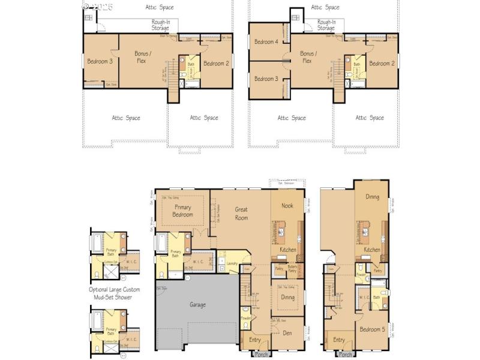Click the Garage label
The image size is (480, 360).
click(x=197, y=305)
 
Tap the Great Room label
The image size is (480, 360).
click(x=241, y=214)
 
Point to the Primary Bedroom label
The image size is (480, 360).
click(x=183, y=211)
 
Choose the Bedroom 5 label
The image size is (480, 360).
click(x=371, y=329)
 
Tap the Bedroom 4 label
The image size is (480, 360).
click(x=266, y=42)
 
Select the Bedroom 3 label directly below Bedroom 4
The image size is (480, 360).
click(x=266, y=79)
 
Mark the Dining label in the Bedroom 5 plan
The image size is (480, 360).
click(x=372, y=197)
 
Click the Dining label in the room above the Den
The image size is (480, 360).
click(x=288, y=297)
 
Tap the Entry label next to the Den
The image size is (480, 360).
click(x=255, y=340)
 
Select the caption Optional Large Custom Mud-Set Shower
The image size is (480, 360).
click(x=114, y=293)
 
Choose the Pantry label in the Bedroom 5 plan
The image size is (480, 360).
click(x=378, y=271)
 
